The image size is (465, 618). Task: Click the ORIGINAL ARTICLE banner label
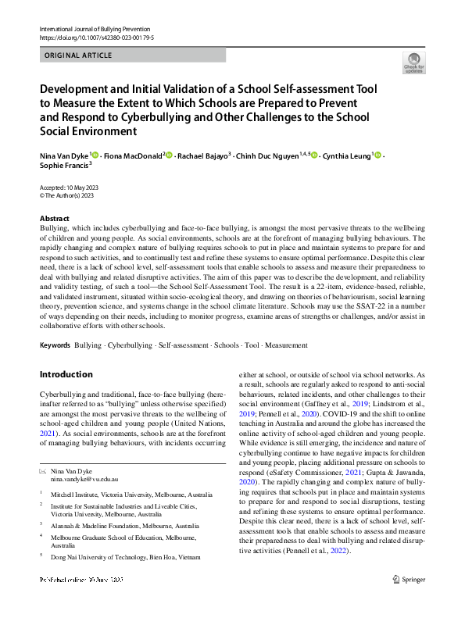coord(78,55)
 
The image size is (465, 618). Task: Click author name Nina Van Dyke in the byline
coord(65,156)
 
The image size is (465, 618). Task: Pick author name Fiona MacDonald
coord(132,156)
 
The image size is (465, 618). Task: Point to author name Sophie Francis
coord(63,166)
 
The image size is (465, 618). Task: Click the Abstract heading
coord(54,219)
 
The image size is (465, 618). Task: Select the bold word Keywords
coord(55,344)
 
